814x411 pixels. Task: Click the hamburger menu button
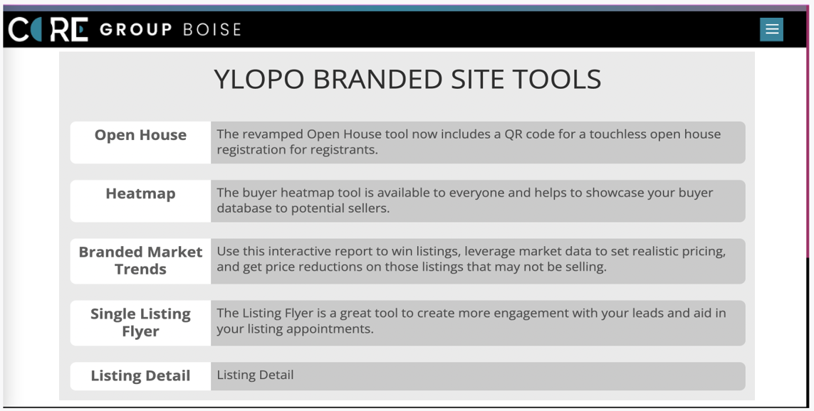point(771,29)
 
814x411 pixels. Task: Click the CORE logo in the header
point(48,29)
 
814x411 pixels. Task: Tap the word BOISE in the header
point(212,30)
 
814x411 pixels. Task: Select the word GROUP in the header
point(135,30)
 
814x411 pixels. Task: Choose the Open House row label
point(140,135)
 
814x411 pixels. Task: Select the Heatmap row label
point(140,193)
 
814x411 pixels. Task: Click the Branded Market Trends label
point(140,260)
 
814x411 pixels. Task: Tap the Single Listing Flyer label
point(140,322)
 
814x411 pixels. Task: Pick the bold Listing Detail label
point(140,375)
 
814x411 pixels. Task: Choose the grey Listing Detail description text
point(255,375)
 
